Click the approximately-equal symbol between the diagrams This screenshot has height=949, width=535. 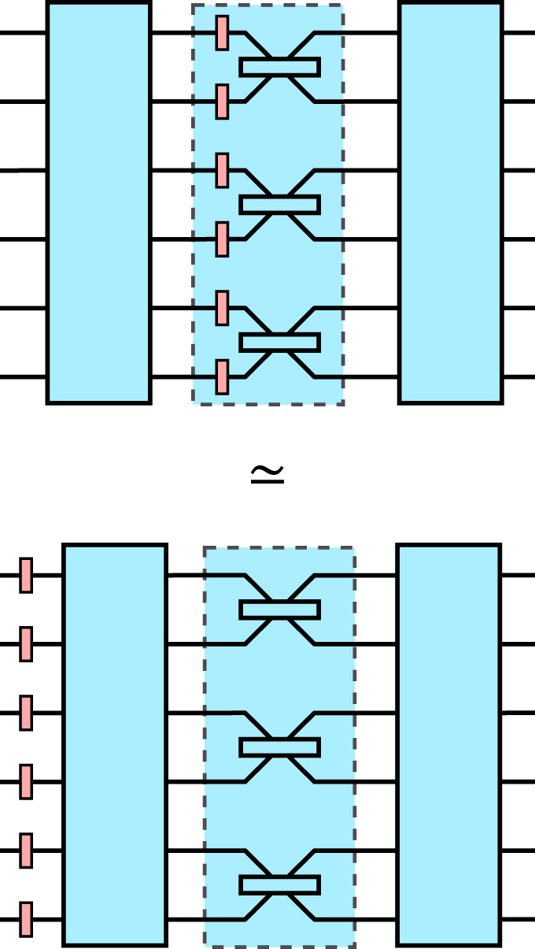[x=267, y=473]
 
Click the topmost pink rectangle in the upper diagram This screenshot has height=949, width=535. [x=222, y=33]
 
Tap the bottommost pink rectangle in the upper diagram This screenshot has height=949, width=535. [x=222, y=376]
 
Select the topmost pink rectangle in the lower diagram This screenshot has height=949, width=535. [x=26, y=575]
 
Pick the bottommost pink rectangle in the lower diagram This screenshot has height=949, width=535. [x=26, y=919]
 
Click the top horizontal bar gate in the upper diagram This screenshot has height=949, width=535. [x=279, y=67]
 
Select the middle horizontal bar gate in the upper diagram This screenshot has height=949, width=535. [x=279, y=205]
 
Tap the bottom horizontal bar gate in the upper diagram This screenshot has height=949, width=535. [x=279, y=342]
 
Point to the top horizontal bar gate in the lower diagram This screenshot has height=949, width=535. [x=279, y=610]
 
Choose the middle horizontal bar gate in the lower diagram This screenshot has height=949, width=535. [x=279, y=747]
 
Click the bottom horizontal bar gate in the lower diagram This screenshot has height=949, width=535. [x=279, y=884]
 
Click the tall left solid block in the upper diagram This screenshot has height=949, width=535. [x=98, y=202]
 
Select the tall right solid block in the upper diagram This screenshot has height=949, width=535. [x=450, y=202]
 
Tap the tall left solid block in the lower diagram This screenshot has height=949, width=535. [x=115, y=744]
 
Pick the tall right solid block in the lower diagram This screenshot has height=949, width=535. [x=448, y=744]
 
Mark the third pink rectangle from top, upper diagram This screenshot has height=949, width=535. [x=222, y=170]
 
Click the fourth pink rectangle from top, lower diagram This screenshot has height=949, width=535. [x=26, y=781]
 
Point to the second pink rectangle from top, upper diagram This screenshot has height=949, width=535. [x=222, y=102]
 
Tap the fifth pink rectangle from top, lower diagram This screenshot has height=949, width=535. [x=26, y=851]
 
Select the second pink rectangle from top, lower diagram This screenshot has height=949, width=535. [x=26, y=643]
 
